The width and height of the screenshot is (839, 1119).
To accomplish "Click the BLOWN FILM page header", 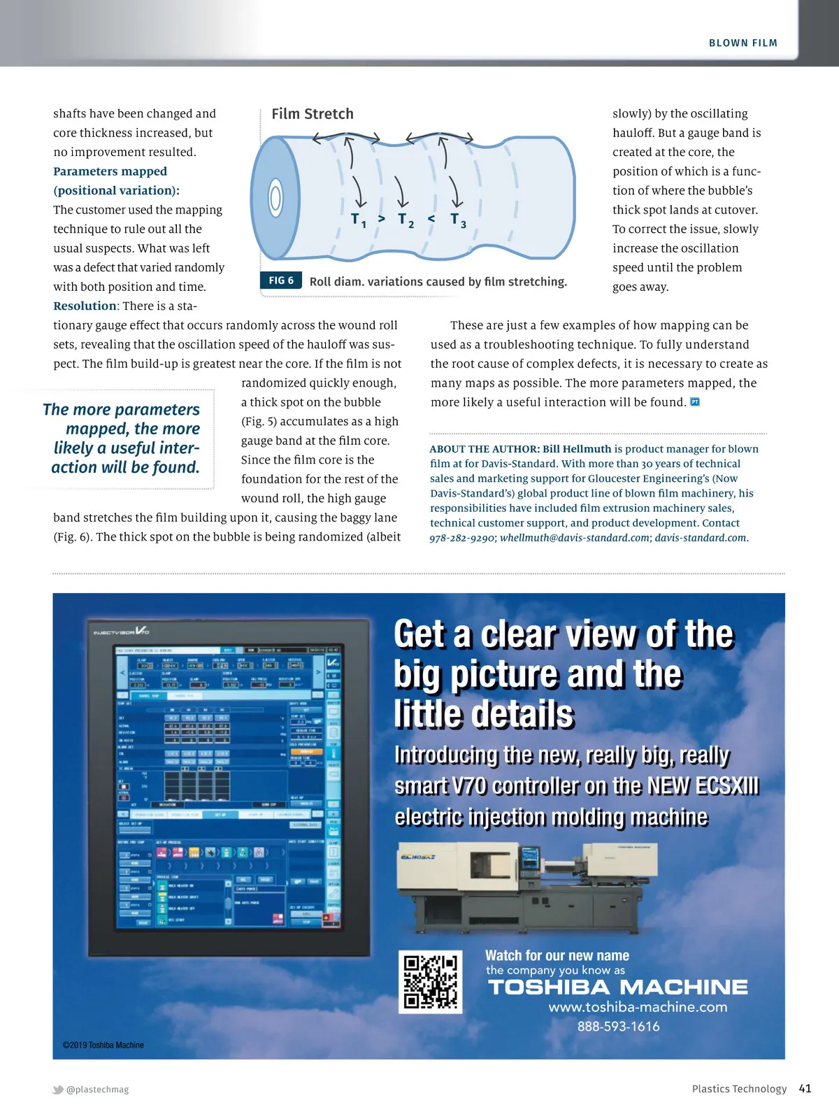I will click(x=743, y=43).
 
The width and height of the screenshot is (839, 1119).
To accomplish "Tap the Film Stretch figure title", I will click(x=313, y=114).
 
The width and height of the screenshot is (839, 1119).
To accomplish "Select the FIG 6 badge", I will click(x=281, y=280).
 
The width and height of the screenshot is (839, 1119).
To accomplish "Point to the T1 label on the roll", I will click(x=358, y=220).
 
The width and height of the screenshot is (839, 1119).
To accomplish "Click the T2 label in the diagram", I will click(x=406, y=220).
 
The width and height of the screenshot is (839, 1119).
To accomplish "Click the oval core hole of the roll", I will click(x=275, y=198).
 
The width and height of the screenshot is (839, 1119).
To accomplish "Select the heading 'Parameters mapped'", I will click(x=110, y=171).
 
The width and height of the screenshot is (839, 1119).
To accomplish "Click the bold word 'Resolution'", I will click(x=85, y=306).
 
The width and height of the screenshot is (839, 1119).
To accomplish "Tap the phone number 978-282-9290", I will click(x=462, y=538).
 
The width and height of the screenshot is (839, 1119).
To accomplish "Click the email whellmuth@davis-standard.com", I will click(x=575, y=538).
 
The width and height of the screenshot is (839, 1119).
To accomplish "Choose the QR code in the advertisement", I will click(x=431, y=981).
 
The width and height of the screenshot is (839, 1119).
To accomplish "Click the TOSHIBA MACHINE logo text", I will click(x=617, y=988).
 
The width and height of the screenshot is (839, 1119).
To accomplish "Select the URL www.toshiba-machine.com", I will click(x=638, y=1007).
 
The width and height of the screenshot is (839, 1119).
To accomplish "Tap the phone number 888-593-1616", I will click(x=618, y=1027).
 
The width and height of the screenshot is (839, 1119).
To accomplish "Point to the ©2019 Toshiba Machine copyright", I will click(x=103, y=1045).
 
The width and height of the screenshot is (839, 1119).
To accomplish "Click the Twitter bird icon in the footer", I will click(x=58, y=1089).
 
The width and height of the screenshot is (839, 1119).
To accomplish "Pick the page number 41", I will click(x=805, y=1088).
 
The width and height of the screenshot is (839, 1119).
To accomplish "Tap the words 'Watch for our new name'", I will click(x=557, y=955).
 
